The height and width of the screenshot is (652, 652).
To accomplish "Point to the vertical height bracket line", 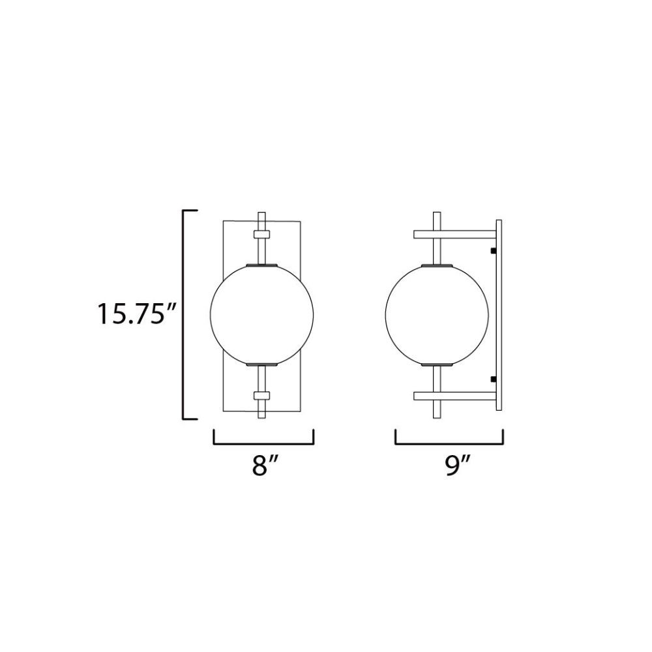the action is click(x=183, y=315).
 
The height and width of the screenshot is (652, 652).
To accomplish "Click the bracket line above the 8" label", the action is click(x=263, y=443).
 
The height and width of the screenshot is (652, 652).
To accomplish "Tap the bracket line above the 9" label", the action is click(x=449, y=443).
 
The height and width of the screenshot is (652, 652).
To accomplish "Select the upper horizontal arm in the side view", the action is click(x=455, y=234).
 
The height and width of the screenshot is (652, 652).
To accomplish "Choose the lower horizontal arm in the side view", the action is click(x=455, y=396).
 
